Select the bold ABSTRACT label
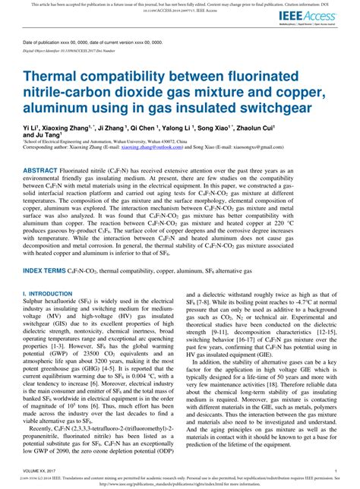click(46, 172)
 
